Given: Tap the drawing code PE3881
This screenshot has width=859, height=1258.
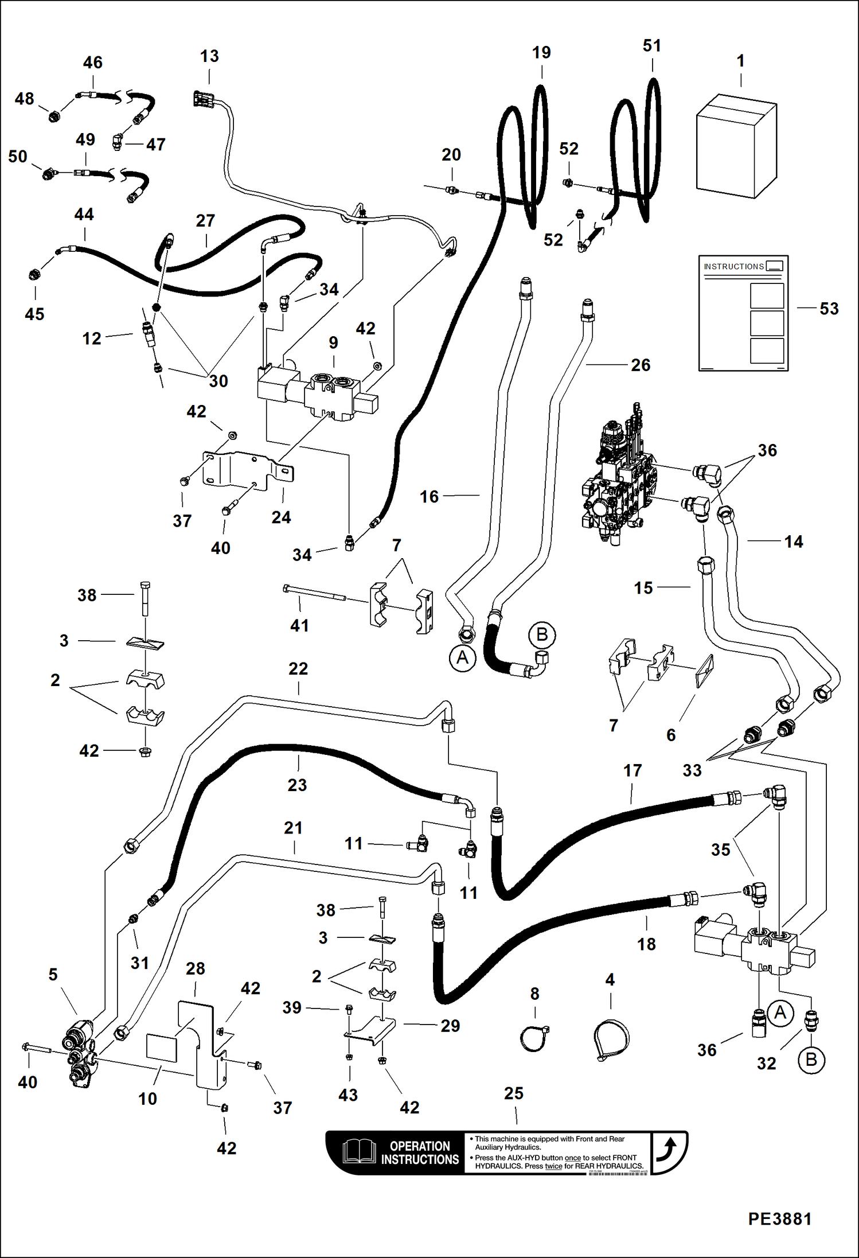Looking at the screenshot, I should point(779,1218).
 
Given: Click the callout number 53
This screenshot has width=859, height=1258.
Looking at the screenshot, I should point(829,309).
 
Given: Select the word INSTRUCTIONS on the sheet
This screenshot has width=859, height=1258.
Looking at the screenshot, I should point(733,267).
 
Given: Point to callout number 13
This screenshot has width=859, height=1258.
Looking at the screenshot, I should point(209,56).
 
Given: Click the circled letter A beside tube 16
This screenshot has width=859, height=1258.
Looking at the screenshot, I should point(462,657).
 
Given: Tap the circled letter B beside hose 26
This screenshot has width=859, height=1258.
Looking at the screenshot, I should point(541,634).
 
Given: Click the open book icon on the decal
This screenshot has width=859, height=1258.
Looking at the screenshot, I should point(360,1152).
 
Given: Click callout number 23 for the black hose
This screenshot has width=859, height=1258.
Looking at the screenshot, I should point(297,785).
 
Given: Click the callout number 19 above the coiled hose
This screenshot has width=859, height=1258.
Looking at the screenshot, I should point(541,53).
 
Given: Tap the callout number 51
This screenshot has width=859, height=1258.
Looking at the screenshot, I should point(652,46).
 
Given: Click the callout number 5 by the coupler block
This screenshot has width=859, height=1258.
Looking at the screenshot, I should point(53,974).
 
